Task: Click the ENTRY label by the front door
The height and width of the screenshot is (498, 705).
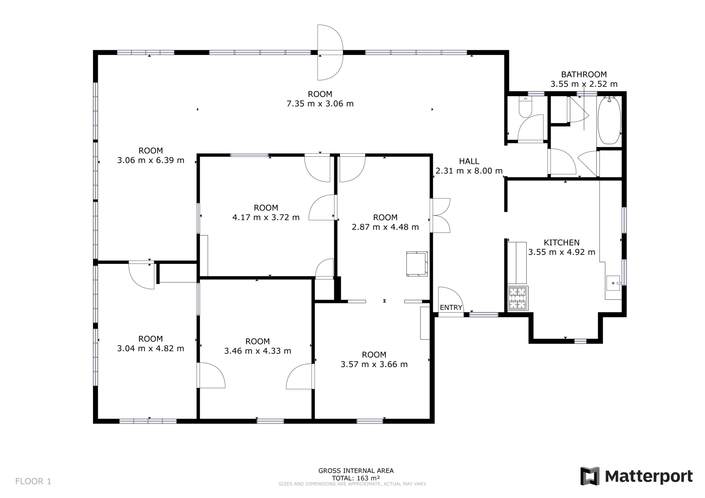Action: pos(451,307)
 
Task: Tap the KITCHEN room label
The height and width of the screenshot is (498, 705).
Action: pos(561,242)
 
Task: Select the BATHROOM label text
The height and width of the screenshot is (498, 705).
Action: pos(584,74)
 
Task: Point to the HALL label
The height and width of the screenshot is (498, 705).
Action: pos(469,161)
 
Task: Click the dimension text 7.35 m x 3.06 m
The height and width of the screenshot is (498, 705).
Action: pos(320,104)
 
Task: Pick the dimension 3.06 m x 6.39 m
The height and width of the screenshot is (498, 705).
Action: pos(151,160)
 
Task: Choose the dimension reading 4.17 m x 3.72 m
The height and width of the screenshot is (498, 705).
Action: pos(266,217)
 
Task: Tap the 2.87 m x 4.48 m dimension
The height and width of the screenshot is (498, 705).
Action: pos(385,227)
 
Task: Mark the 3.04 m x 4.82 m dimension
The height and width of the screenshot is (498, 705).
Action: pos(151,348)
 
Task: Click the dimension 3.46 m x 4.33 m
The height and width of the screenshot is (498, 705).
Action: pos(258,351)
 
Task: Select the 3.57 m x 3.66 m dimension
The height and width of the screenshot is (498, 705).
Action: pos(374,364)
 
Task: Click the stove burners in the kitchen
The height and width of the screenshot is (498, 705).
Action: pos(518,298)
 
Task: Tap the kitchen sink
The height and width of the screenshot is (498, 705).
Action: pos(613,283)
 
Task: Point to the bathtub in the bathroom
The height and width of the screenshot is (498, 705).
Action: pos(609,120)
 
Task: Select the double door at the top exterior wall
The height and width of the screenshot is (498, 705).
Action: pos(330,53)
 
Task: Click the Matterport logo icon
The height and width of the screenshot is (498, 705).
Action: pos(590,476)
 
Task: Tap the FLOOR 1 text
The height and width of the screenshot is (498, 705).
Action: pos(33,481)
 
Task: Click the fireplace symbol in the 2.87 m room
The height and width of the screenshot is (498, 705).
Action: pos(417,264)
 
